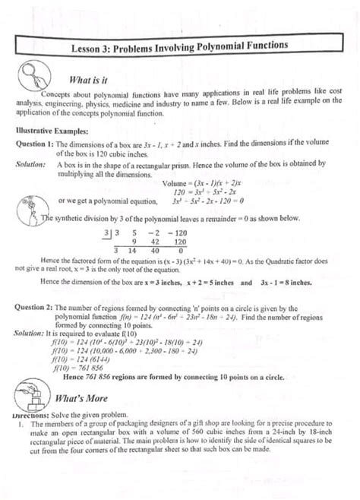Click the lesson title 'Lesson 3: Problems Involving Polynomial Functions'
179,46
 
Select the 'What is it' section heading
93,78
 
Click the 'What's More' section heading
85,398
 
